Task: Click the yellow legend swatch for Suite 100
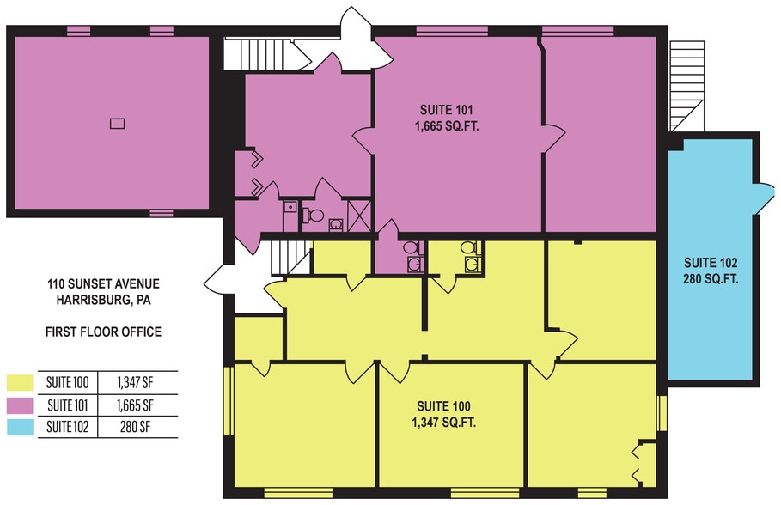pos(20,382)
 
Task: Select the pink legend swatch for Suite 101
pos(20,405)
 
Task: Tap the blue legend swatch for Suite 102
pos(20,428)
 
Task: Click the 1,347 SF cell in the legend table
pos(135,382)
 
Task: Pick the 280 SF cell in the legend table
pos(135,427)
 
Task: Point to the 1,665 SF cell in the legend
pos(135,405)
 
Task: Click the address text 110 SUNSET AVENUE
pos(104,284)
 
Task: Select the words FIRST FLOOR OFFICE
pos(104,332)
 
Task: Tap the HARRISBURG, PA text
pos(104,300)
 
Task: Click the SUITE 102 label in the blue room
pos(711,263)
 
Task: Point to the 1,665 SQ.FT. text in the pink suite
pos(447,126)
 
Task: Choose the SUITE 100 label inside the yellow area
pos(444,406)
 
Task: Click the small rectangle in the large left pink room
pos(118,123)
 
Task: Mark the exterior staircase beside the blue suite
pos(686,86)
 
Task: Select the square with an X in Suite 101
pos(359,216)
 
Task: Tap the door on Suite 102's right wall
pos(764,199)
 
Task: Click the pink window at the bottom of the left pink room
pos(162,213)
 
